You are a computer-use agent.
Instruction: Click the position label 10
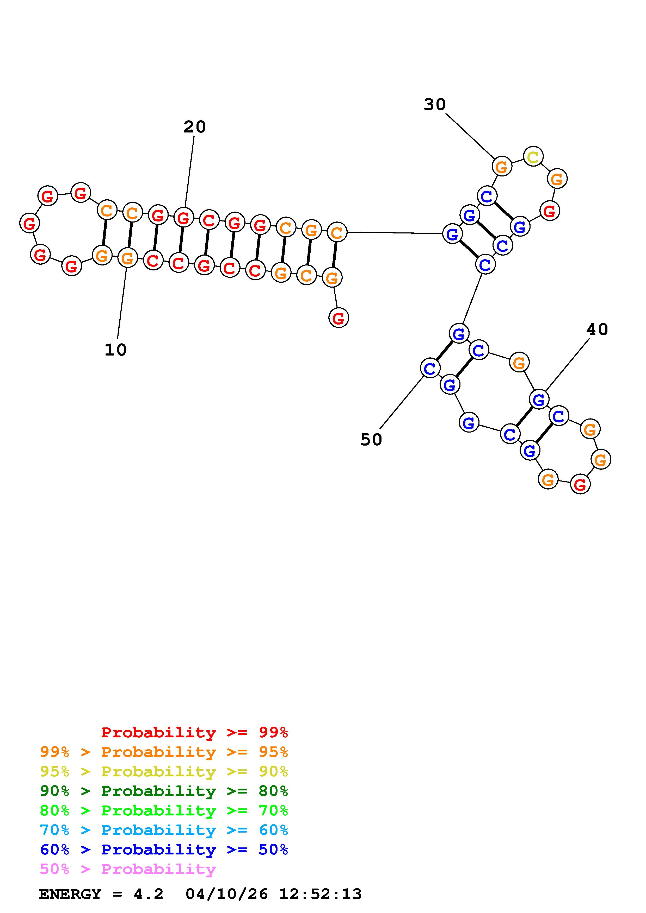point(115,350)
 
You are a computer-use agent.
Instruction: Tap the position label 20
point(194,127)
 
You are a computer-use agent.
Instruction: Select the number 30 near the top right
point(435,105)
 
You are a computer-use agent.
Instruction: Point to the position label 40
point(597,329)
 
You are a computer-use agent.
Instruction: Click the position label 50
point(371,440)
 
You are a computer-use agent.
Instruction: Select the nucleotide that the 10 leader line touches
point(127,258)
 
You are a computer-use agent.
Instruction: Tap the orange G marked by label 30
point(502,167)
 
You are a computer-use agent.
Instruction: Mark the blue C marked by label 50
point(430,369)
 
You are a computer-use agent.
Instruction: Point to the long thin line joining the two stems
point(394,233)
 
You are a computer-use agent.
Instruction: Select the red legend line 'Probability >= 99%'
point(194,732)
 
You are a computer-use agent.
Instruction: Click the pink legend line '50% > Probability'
point(128,869)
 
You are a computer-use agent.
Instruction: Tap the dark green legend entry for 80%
point(164,791)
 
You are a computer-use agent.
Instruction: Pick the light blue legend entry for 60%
point(164,830)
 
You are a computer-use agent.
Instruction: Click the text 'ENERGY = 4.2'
point(101,894)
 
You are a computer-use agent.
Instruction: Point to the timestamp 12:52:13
point(321,894)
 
